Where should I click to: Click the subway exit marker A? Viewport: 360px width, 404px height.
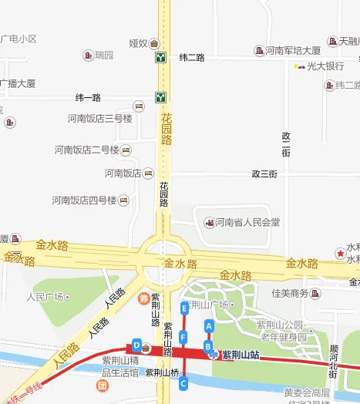tap(208, 326)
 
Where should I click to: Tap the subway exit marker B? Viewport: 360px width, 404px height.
tap(207, 347)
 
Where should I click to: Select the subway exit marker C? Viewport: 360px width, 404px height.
tap(183, 383)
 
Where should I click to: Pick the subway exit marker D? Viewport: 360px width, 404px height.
tap(136, 345)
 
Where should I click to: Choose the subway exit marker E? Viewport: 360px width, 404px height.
tap(183, 308)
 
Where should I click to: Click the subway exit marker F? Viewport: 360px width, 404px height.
tap(183, 337)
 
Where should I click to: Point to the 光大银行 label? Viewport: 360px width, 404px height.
tap(323, 66)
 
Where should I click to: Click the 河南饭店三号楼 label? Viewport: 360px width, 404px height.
tap(100, 118)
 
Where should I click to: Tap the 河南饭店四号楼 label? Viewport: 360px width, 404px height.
tap(84, 200)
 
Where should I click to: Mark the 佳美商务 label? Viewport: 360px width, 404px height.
tap(290, 293)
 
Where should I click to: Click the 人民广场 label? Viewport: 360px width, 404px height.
tap(45, 296)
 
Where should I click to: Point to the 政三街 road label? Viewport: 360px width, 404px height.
tap(264, 174)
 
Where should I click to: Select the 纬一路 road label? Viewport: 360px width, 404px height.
tap(88, 98)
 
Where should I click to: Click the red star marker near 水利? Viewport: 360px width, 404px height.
tap(340, 253)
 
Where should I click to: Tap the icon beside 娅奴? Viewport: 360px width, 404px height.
tap(154, 43)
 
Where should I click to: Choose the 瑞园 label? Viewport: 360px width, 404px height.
tap(103, 56)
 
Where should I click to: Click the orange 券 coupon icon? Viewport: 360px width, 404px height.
tap(143, 298)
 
